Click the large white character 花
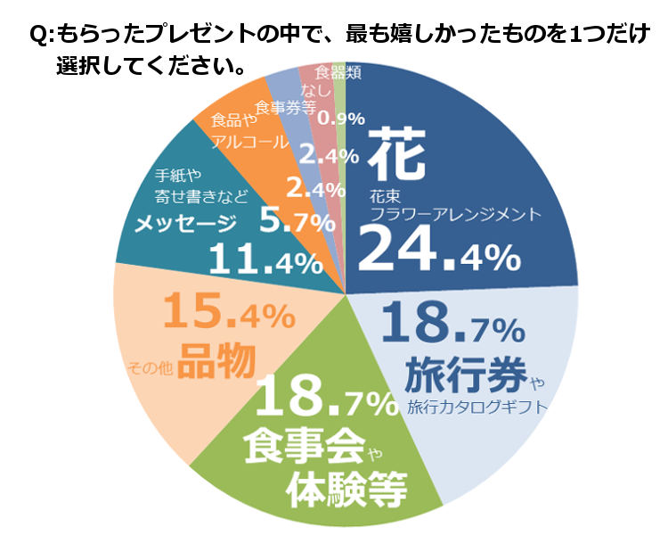click(x=400, y=152)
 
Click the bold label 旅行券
click(x=465, y=374)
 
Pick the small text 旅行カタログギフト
click(x=477, y=408)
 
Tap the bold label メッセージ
click(x=186, y=223)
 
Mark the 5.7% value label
click(x=289, y=219)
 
